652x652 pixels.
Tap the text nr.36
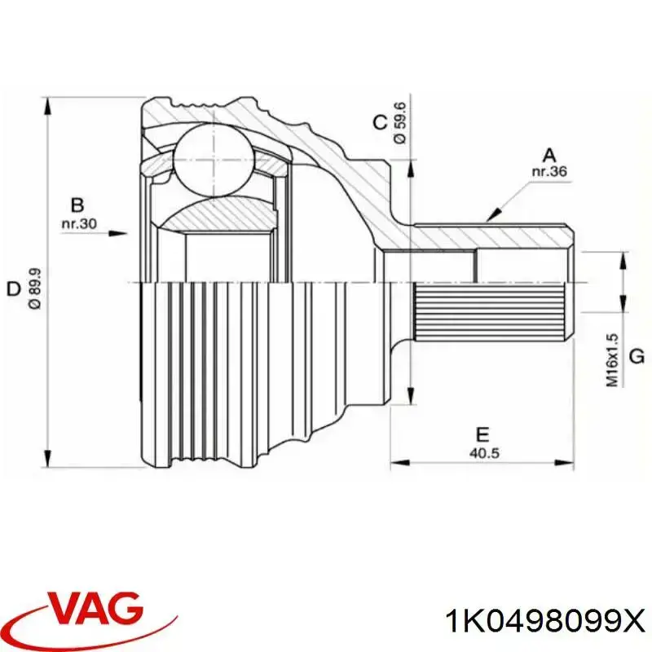pyautogui.click(x=548, y=172)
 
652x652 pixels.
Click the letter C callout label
pyautogui.click(x=380, y=123)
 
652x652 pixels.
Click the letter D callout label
pyautogui.click(x=13, y=289)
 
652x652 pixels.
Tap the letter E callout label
pyautogui.click(x=482, y=435)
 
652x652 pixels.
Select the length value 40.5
pyautogui.click(x=482, y=453)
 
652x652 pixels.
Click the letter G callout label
pyautogui.click(x=637, y=356)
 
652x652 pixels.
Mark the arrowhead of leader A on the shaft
pyautogui.click(x=491, y=216)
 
